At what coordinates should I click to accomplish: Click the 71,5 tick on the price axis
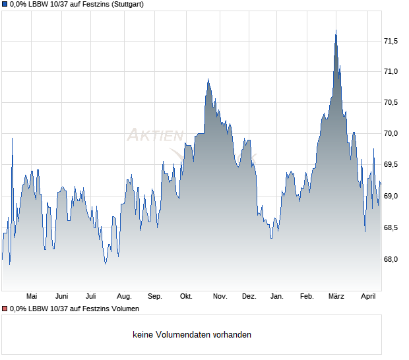coord(391,41)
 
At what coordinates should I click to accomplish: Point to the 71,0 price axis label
coord(391,72)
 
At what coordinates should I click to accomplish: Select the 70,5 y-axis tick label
coord(391,102)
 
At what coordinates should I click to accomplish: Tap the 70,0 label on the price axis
coord(391,134)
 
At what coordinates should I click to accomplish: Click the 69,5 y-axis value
coord(391,165)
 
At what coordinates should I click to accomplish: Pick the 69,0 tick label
coord(391,196)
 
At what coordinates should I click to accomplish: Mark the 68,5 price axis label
coord(391,227)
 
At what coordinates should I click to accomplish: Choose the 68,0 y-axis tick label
coord(391,259)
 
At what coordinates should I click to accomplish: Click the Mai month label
coord(31,297)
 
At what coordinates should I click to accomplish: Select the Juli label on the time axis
coord(91,297)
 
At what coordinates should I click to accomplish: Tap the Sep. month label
coord(155,297)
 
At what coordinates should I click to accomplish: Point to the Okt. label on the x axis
coord(186,297)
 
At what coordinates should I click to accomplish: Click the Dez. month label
coord(249,297)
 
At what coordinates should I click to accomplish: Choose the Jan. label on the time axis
coord(277,297)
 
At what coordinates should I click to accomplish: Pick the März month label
coord(336,297)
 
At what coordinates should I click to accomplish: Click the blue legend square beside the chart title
coord(4,4)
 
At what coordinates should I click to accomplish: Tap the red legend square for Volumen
coord(4,309)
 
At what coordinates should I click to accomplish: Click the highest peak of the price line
coord(336,30)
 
